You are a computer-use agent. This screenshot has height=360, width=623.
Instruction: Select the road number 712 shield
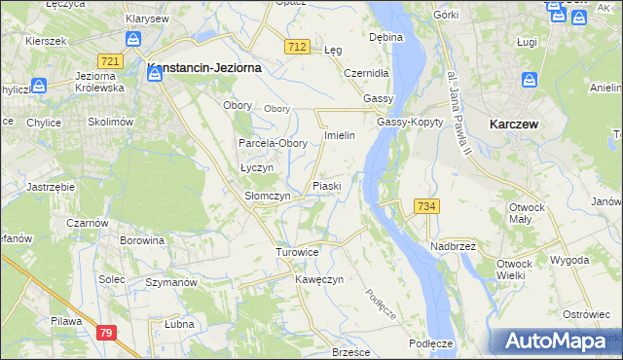298,47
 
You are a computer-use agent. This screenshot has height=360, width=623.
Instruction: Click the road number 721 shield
110,61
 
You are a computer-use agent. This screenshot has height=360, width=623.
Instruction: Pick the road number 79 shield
106,333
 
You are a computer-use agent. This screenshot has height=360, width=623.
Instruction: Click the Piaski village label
325,185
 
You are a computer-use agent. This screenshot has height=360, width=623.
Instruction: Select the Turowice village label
297,252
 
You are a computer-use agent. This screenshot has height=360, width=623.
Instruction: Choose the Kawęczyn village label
319,279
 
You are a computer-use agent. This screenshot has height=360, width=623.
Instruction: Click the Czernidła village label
367,73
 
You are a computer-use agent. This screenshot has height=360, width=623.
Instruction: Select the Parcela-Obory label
274,143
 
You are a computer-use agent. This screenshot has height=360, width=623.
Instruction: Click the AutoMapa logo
555,342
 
